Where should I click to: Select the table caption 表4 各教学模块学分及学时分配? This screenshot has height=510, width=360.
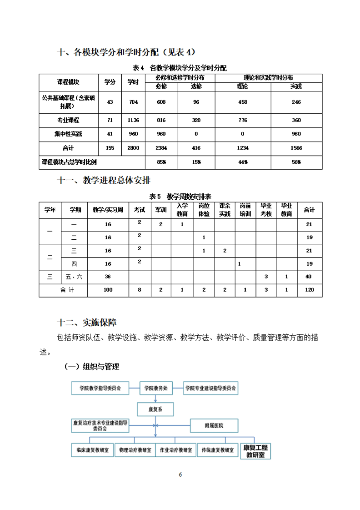coord(180,68)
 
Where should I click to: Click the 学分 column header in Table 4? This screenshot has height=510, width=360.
coord(110,82)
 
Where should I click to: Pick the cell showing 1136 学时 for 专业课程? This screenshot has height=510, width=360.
coord(133,120)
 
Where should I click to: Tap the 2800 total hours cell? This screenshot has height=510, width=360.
coord(133,148)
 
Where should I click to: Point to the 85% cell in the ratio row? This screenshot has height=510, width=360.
coord(161,162)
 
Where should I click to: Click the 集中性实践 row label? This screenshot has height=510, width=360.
coord(68,134)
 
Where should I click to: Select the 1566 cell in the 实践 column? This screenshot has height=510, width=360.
coord(296,148)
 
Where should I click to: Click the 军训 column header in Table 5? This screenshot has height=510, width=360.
coord(161,210)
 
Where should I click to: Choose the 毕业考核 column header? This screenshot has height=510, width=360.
coord(266,210)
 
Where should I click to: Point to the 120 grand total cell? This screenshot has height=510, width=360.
coord(310,290)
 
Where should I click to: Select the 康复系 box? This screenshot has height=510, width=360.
coord(155,409)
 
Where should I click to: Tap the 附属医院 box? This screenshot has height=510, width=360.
coord(214,426)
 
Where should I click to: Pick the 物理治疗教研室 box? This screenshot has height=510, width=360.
coord(134,450)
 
